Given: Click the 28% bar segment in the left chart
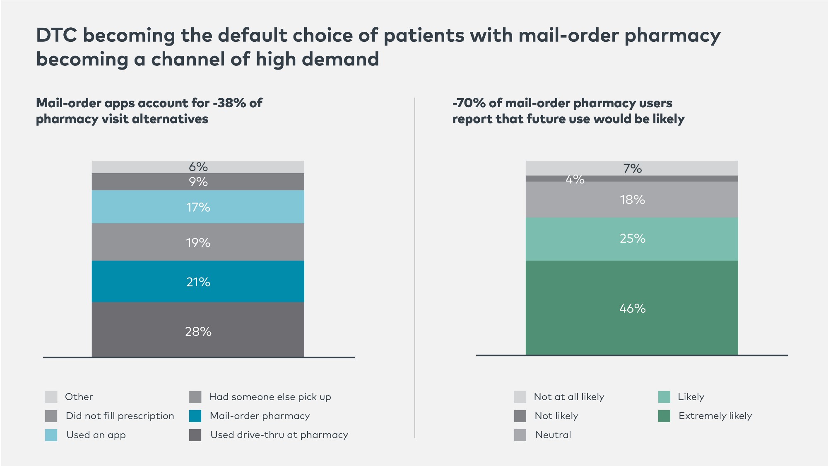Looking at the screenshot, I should click(x=198, y=329).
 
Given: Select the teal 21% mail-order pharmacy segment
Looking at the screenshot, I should click(x=198, y=281).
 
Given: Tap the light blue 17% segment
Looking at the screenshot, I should click(x=198, y=207).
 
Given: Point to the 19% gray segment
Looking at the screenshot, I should click(x=198, y=242).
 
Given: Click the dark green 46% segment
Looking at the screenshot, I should click(x=632, y=308).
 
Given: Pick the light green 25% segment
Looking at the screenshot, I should click(x=632, y=239).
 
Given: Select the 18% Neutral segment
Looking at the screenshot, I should click(x=632, y=200).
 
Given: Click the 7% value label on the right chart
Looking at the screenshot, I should click(x=632, y=168).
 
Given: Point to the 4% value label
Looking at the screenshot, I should click(x=575, y=179).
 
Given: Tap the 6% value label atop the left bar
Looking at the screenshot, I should click(x=198, y=167).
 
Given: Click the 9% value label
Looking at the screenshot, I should click(x=198, y=181).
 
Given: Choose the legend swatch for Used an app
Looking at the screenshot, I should click(x=51, y=435).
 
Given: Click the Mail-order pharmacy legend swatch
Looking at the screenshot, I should click(x=195, y=416).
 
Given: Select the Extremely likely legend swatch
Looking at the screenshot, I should click(x=664, y=416).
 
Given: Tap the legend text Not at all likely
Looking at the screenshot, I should click(x=569, y=397).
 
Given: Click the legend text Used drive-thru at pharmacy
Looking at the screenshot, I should click(x=279, y=435).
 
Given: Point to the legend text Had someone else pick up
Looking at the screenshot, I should click(x=270, y=397).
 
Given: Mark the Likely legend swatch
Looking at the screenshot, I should click(x=664, y=397).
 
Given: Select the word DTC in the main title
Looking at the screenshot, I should click(x=57, y=35).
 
